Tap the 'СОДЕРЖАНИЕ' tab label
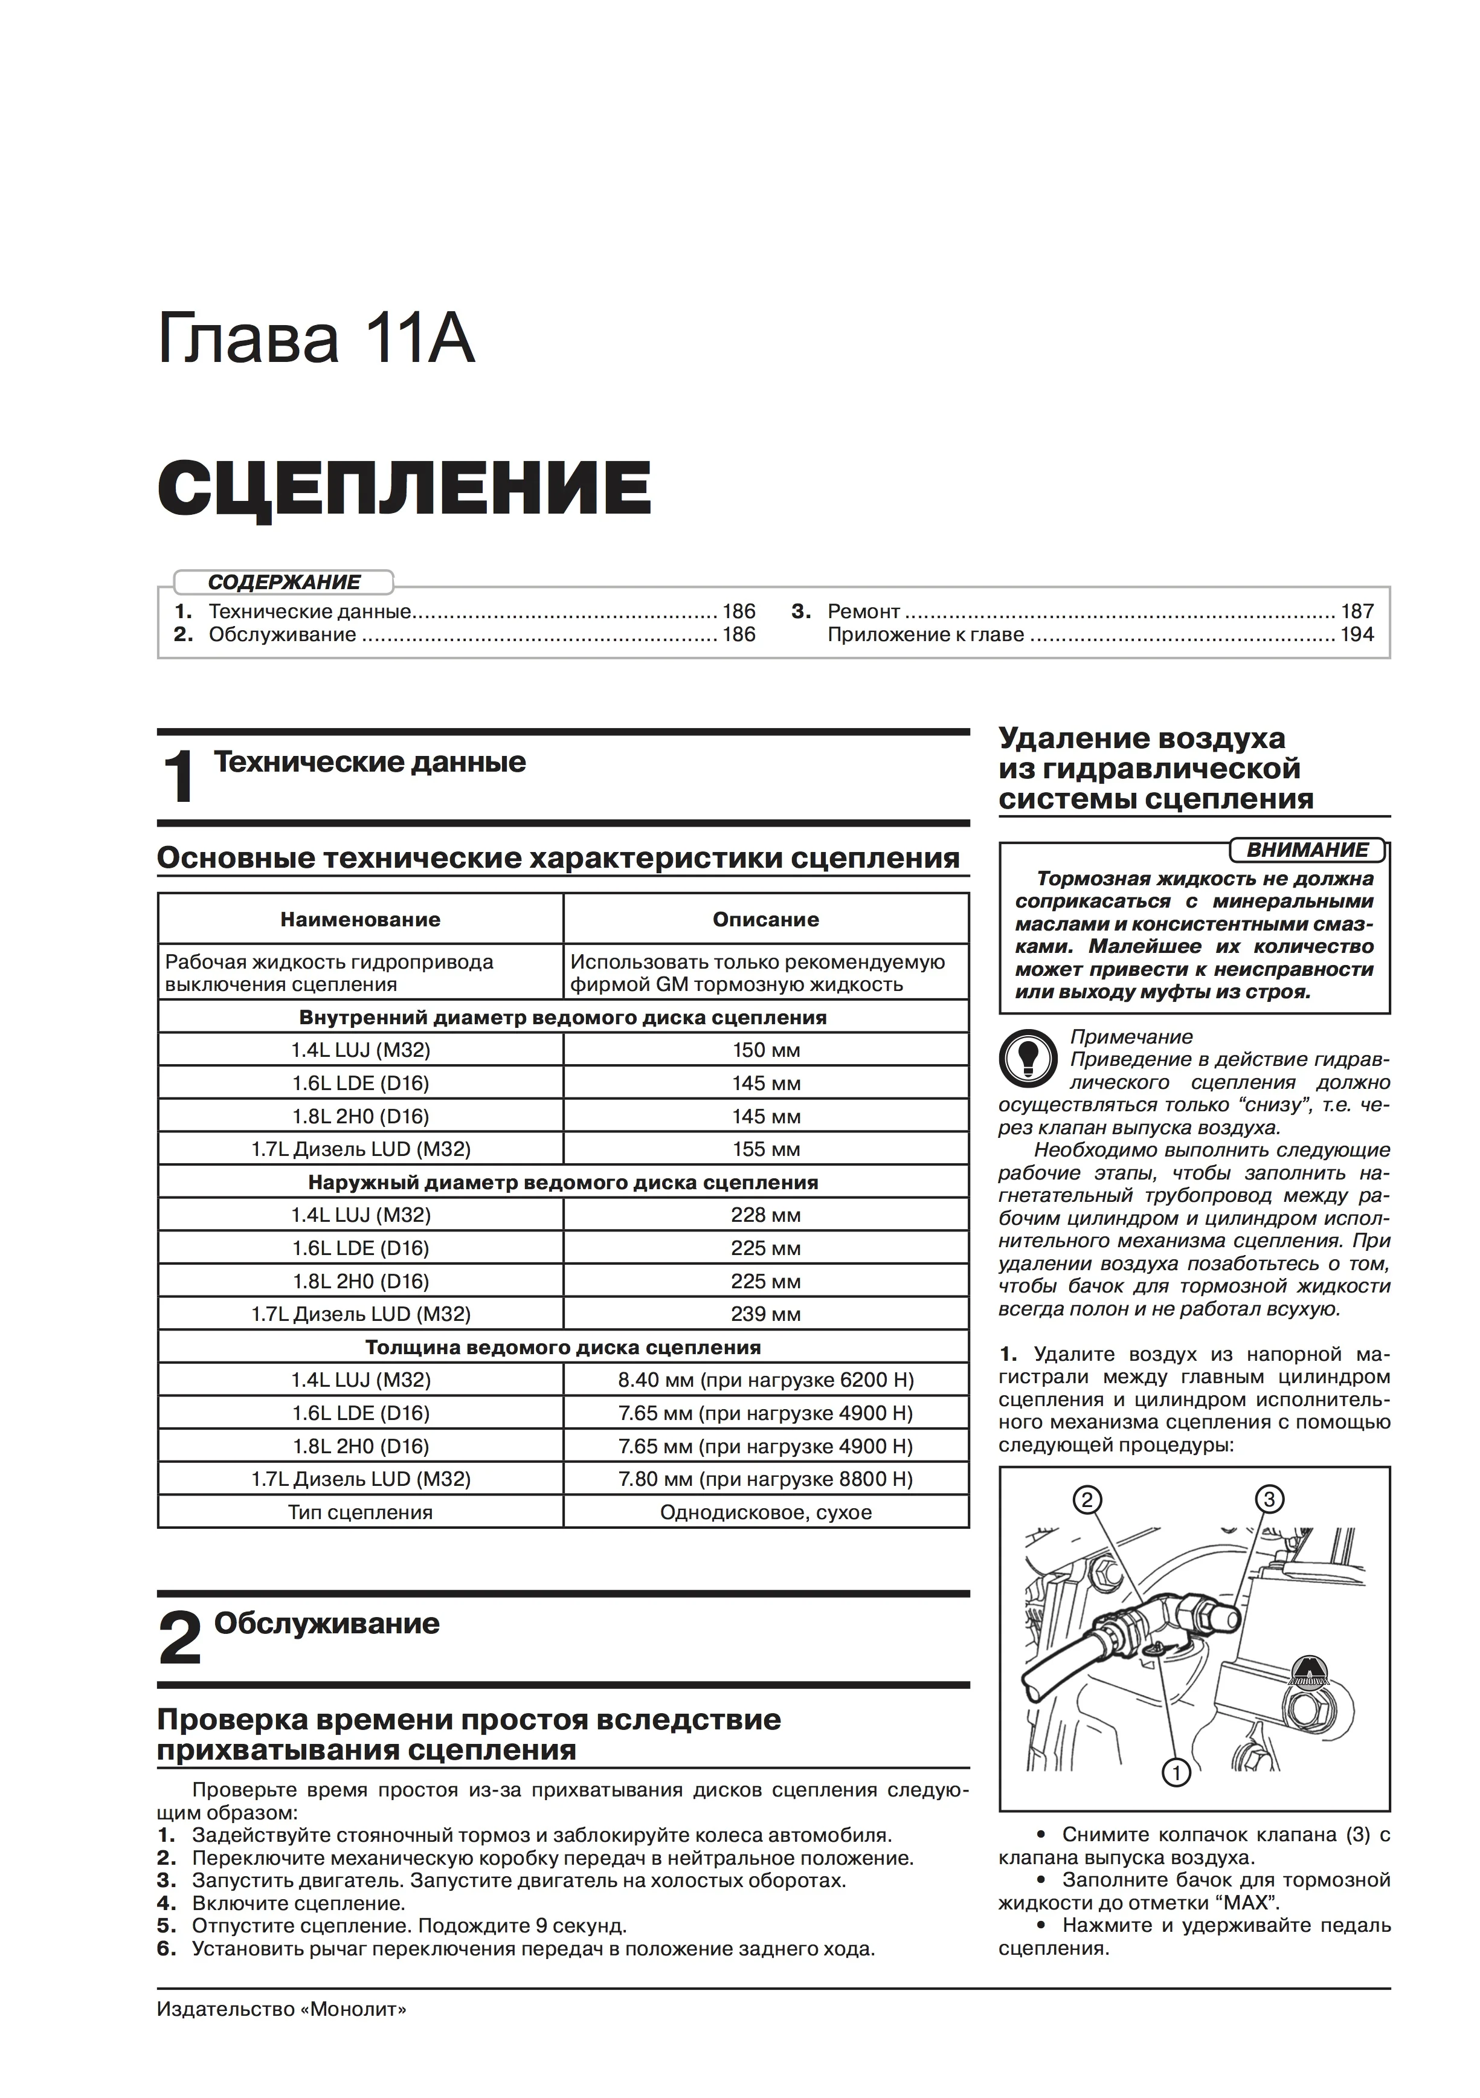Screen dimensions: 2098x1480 [284, 582]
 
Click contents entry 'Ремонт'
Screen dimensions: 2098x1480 [863, 612]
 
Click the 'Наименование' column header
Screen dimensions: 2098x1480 [360, 919]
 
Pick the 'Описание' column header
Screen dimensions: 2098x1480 [765, 919]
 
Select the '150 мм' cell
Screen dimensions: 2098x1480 [765, 1050]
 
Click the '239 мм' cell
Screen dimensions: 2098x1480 [765, 1314]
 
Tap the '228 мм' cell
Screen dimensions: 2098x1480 [765, 1215]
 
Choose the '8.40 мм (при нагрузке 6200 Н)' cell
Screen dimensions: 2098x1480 [765, 1380]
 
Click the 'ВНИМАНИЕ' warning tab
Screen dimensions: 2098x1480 [1307, 850]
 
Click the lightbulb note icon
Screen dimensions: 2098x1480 [1029, 1059]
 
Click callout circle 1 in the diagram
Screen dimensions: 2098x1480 [1176, 1774]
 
